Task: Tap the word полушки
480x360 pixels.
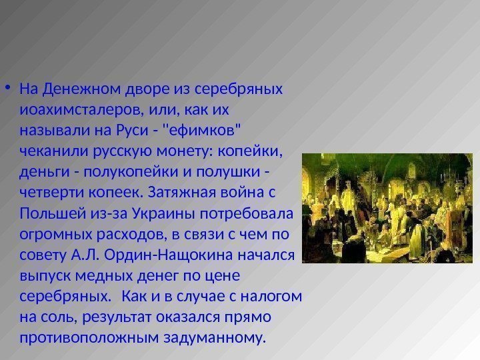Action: [233, 173]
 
